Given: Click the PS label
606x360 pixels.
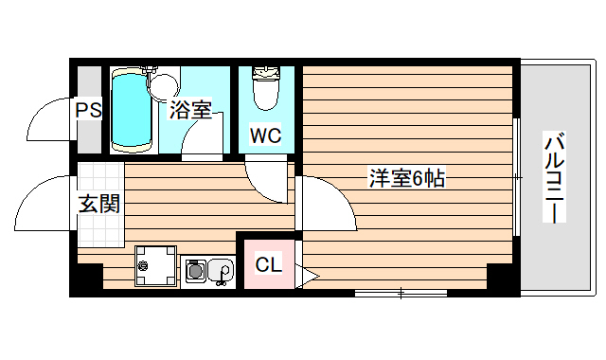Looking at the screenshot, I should pyautogui.click(x=88, y=111).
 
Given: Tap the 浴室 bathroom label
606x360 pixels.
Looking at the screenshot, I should pyautogui.click(x=189, y=111).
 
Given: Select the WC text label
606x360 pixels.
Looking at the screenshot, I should pyautogui.click(x=265, y=135).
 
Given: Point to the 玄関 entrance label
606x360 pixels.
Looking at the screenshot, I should pyautogui.click(x=98, y=203).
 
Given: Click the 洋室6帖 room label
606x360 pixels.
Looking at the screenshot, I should pyautogui.click(x=407, y=177).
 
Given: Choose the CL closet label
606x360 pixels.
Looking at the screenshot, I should pyautogui.click(x=269, y=264).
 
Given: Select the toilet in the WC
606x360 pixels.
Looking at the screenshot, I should pyautogui.click(x=264, y=91).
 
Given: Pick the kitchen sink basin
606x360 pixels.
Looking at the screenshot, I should pyautogui.click(x=221, y=272).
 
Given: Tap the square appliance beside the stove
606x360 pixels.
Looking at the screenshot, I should pyautogui.click(x=154, y=266).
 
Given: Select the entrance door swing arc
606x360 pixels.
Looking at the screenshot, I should pyautogui.click(x=43, y=204).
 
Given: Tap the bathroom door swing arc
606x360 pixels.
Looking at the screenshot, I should pyautogui.click(x=201, y=142).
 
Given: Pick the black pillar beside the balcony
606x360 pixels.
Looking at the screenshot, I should pyautogui.click(x=501, y=279).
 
